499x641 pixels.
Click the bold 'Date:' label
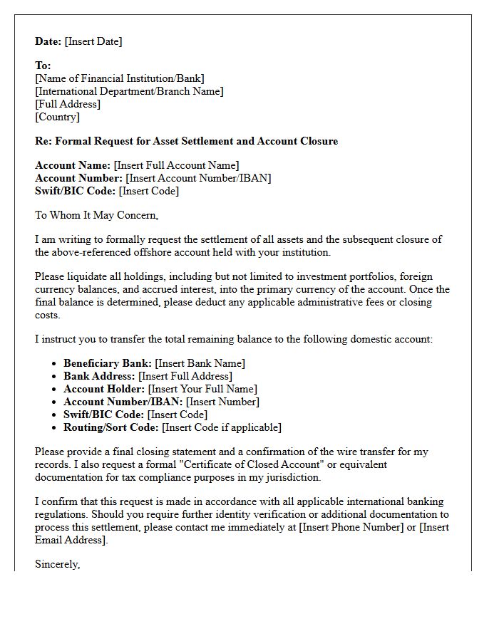(x=48, y=41)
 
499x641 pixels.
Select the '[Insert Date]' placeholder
(x=93, y=41)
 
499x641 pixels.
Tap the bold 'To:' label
(x=43, y=66)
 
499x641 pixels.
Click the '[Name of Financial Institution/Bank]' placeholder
(x=120, y=78)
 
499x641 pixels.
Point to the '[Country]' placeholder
(x=58, y=117)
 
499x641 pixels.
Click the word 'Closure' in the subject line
(x=317, y=141)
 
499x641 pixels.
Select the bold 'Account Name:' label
(x=73, y=165)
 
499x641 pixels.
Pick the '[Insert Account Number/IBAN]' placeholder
(x=198, y=178)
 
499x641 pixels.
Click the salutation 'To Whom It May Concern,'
(x=97, y=215)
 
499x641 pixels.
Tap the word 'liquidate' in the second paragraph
(x=88, y=276)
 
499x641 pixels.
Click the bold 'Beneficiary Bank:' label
(x=108, y=363)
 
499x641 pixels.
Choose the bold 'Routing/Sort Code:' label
(x=111, y=427)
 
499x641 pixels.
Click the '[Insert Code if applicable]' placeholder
(x=222, y=427)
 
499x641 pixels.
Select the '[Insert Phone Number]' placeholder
(x=354, y=527)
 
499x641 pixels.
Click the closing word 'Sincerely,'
(x=58, y=564)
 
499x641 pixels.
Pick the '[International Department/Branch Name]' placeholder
(x=129, y=91)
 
